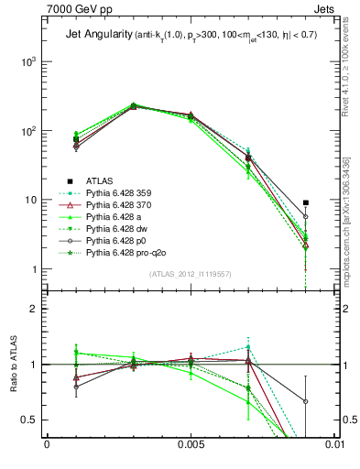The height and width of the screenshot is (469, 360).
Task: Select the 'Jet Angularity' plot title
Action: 96,36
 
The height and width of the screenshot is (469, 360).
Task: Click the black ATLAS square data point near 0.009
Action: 306,202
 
